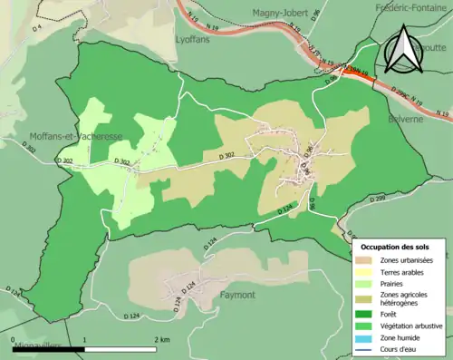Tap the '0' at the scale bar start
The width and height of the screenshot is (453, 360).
[x=14, y=339]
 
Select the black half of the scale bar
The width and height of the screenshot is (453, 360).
[x=50, y=348]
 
